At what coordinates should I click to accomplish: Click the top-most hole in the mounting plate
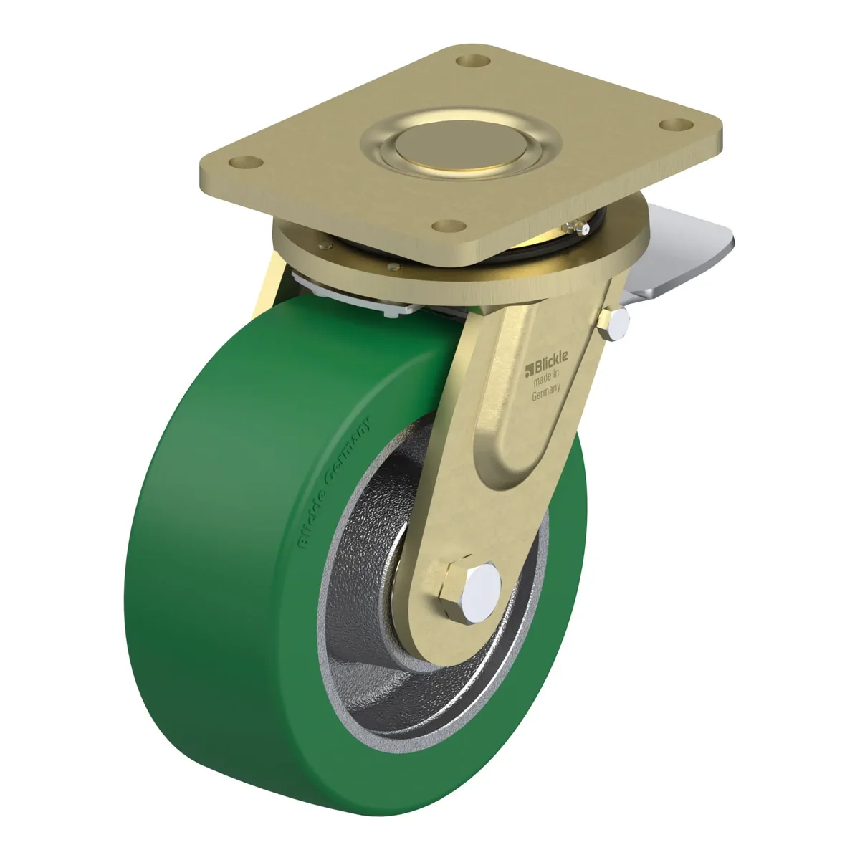[473, 60]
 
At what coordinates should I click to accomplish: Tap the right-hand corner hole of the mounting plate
[676, 124]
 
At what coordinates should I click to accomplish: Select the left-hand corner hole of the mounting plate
[246, 162]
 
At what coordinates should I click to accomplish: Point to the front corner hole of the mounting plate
[449, 226]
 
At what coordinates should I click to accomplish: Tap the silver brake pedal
[679, 254]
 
